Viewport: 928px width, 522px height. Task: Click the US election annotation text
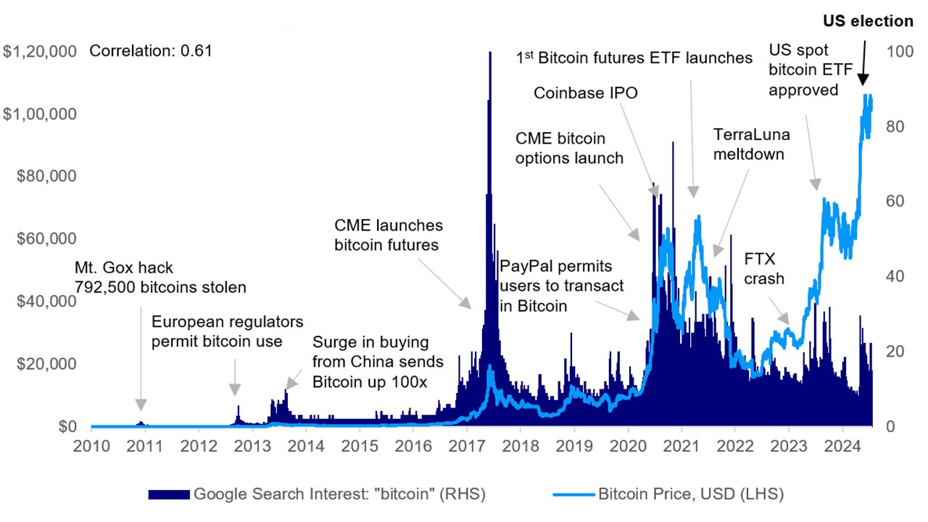(869, 21)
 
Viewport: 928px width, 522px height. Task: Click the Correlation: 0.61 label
(150, 51)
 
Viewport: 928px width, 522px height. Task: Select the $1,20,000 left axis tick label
(40, 51)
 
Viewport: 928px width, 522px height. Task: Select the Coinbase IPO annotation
(586, 93)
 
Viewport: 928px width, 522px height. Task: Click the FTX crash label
(764, 268)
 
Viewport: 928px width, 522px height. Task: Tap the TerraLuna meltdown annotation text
(752, 144)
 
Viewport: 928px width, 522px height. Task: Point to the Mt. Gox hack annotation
(160, 278)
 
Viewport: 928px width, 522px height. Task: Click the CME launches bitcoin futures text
(388, 236)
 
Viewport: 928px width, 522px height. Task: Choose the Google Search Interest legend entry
(317, 494)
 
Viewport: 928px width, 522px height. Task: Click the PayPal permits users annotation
(561, 286)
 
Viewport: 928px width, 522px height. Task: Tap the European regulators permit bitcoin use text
(227, 331)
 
